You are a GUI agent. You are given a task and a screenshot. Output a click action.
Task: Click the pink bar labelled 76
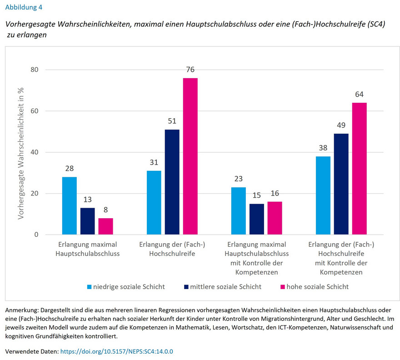click(190, 156)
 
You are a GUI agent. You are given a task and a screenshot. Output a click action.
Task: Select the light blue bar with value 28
click(70, 205)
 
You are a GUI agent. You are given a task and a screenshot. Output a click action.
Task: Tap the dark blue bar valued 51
click(172, 182)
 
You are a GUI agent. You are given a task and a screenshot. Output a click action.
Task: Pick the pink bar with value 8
click(105, 226)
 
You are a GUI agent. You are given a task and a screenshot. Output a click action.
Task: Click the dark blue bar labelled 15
click(257, 219)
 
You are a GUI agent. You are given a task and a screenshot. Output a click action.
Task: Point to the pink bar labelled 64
click(360, 169)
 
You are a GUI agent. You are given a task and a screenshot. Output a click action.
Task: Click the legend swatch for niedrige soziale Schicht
click(90, 287)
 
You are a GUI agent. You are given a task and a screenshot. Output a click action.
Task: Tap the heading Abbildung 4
click(25, 7)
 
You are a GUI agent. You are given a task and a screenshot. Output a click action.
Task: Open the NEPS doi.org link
click(117, 351)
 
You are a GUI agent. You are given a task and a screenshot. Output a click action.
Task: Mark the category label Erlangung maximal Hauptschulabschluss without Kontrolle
click(88, 249)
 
